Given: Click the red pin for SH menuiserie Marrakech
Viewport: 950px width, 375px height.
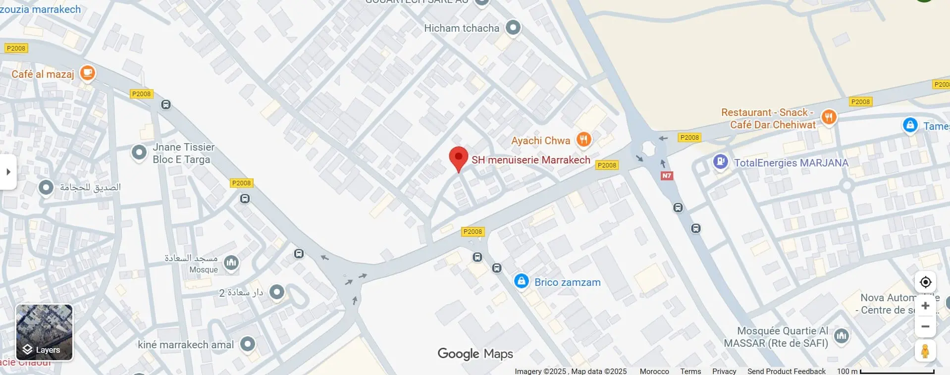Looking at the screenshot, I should coord(459,158).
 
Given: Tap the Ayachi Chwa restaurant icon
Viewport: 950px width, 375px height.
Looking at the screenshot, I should coord(583,140).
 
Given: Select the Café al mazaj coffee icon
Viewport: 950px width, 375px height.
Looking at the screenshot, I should coord(87,73).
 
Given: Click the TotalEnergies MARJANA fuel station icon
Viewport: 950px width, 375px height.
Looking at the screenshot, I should coord(720,161).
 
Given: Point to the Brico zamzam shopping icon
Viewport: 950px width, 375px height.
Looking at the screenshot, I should coord(521,281).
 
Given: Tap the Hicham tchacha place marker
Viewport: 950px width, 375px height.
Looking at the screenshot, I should coord(513,27).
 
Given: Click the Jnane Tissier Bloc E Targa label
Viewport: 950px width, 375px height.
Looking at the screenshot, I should coord(183,153).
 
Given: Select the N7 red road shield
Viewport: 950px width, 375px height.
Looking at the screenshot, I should coord(667,176).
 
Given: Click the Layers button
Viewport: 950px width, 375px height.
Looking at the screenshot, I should coord(44,332).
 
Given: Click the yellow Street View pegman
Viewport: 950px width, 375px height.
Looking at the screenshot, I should coord(925,351).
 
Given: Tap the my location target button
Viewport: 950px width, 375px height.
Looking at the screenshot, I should coord(925,282).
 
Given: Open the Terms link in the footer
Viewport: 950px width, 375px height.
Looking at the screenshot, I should coord(690,371).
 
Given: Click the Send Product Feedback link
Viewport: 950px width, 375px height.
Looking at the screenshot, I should coord(786,371).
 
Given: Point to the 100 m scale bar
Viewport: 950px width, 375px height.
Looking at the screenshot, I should coord(897,371).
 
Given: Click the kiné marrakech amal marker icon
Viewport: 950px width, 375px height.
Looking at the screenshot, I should coord(248,344).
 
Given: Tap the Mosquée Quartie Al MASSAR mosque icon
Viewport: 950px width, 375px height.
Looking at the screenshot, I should coord(841,336).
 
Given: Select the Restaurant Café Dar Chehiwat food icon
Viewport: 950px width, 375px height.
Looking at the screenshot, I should coord(829,117).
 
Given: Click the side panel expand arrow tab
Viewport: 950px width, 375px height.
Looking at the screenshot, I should coord(8,172).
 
